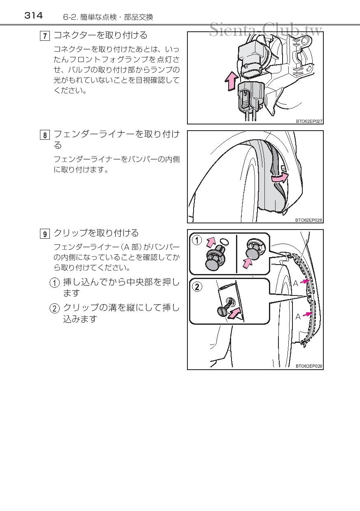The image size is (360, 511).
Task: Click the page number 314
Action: pyautogui.click(x=33, y=16)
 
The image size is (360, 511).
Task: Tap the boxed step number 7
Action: pyautogui.click(x=45, y=36)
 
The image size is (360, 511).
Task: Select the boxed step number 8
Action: pyautogui.click(x=45, y=135)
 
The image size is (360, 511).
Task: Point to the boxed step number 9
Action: pyautogui.click(x=45, y=234)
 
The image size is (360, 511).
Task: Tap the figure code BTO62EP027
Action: pyautogui.click(x=309, y=121)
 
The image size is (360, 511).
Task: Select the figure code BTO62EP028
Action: pyautogui.click(x=309, y=220)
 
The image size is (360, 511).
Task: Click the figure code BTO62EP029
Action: pyautogui.click(x=309, y=366)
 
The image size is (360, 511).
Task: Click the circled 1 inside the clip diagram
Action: pyautogui.click(x=197, y=240)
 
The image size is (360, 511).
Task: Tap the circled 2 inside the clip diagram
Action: pyautogui.click(x=197, y=286)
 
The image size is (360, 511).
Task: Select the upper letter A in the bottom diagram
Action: pyautogui.click(x=295, y=284)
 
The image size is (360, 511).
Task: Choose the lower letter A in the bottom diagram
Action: pyautogui.click(x=298, y=316)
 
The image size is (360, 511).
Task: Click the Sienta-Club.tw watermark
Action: pyautogui.click(x=266, y=29)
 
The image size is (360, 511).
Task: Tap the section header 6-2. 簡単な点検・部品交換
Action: pyautogui.click(x=108, y=17)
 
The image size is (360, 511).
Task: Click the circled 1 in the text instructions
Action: pyautogui.click(x=54, y=283)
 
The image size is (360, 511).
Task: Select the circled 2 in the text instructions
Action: pyautogui.click(x=54, y=308)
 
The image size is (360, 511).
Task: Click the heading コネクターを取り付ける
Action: pyautogui.click(x=101, y=35)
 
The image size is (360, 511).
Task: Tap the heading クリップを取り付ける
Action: pyautogui.click(x=96, y=233)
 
